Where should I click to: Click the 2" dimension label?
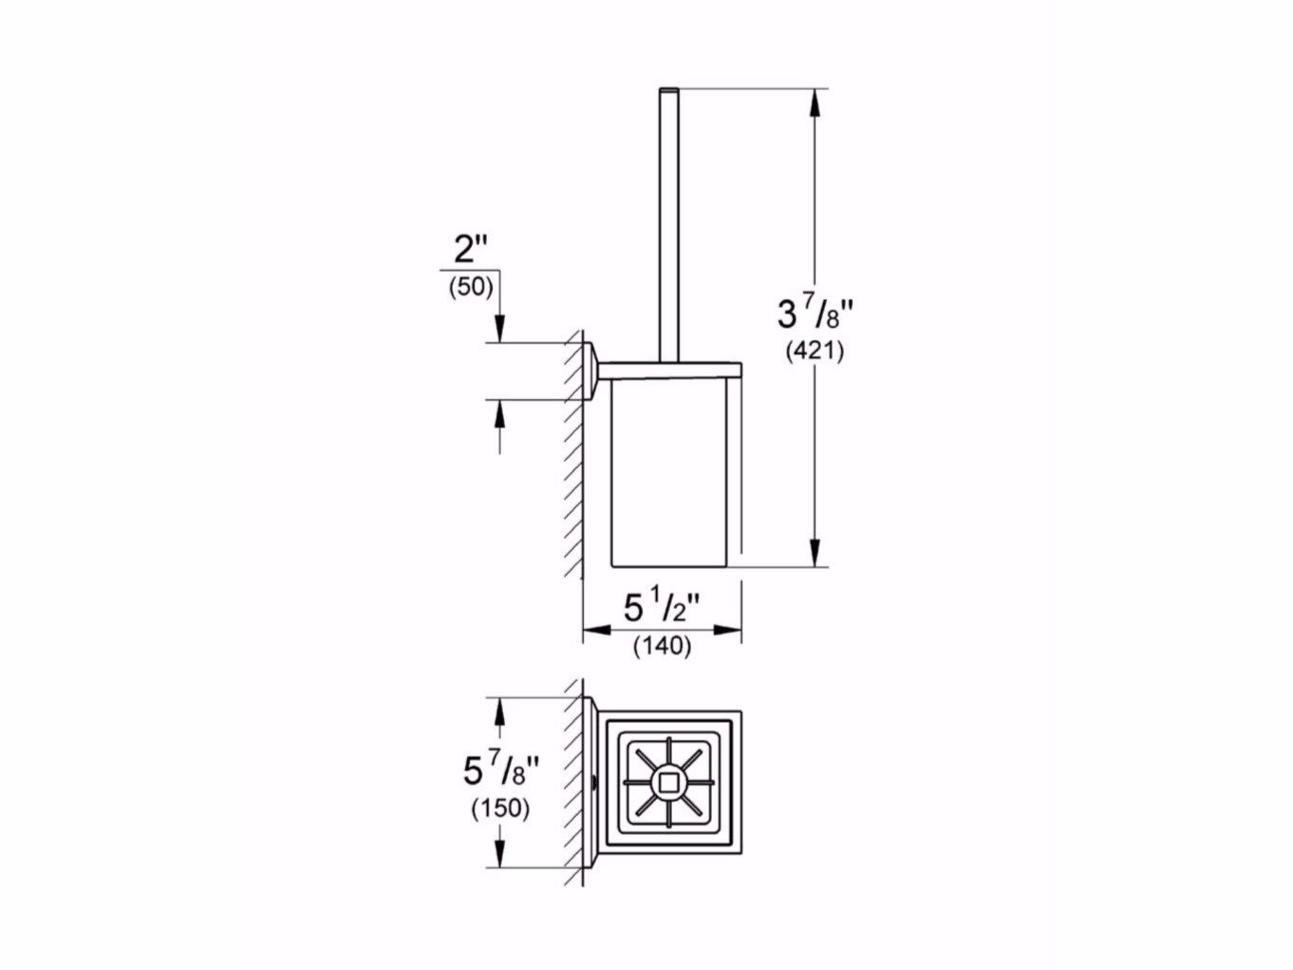(471, 250)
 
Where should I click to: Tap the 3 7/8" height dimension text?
(815, 312)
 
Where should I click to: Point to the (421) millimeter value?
(815, 351)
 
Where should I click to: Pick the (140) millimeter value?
(662, 647)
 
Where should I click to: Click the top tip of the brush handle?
(668, 91)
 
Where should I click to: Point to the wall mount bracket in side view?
(590, 370)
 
